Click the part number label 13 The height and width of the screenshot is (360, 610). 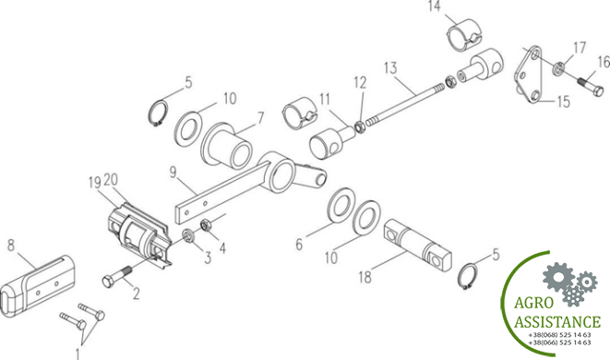tap(390, 67)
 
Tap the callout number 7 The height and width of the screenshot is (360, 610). tap(260, 118)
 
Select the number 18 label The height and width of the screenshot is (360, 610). tap(365, 277)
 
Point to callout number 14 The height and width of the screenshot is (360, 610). tap(434, 6)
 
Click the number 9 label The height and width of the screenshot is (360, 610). tap(173, 172)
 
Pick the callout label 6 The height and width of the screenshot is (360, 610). tap(299, 245)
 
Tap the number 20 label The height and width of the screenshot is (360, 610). tap(111, 179)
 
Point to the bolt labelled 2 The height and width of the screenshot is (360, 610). tap(117, 276)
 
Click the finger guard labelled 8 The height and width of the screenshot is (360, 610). tap(37, 286)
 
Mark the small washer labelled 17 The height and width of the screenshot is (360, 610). tap(559, 67)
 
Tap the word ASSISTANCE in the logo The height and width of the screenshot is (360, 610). tap(557, 321)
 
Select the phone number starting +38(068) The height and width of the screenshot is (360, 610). tap(559, 335)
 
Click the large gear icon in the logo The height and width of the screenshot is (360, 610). tap(558, 278)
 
